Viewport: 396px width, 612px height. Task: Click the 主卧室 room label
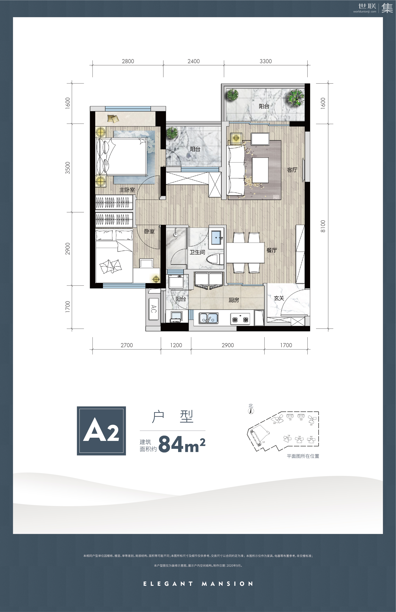coord(127,190)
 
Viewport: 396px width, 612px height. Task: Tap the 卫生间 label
coord(197,252)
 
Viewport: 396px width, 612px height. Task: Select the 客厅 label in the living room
coord(292,170)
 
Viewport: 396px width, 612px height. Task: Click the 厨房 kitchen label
coord(234,300)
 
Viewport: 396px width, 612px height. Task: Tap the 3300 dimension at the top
coord(266,61)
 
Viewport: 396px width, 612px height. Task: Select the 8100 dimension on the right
coord(323,226)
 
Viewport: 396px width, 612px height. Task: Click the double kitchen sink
coord(209,318)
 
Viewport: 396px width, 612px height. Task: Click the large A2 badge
coord(101,431)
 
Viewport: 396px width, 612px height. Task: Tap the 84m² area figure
coord(182,444)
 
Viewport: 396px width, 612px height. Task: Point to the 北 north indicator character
coord(251,406)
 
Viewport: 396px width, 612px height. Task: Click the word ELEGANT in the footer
coord(168,584)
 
